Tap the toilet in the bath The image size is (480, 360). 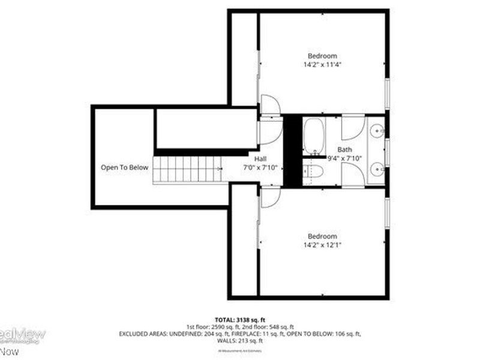tap(314, 172)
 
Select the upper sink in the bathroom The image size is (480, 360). tap(377, 129)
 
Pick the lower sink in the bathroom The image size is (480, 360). tap(377, 169)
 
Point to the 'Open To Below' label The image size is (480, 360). tap(124, 167)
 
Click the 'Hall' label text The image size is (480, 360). tap(260, 158)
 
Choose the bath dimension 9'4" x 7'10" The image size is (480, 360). tap(344, 158)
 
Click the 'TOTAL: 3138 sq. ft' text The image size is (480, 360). tap(239, 319)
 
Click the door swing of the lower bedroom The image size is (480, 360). tap(270, 196)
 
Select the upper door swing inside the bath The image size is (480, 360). tap(353, 127)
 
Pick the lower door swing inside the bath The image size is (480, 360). tap(353, 173)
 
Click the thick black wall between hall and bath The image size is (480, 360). tap(292, 150)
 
